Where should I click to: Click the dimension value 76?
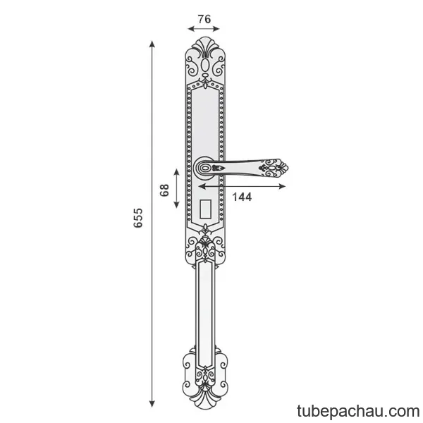point(204,19)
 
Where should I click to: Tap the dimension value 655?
point(138,218)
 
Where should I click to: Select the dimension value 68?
point(164,190)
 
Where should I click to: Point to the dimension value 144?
point(242,197)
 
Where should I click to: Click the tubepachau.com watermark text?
point(358,411)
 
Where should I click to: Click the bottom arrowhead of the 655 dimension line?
point(152,404)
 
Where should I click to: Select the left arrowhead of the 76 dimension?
point(191,29)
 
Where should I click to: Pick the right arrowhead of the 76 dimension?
point(216,29)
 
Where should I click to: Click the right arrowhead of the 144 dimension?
point(282,186)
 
